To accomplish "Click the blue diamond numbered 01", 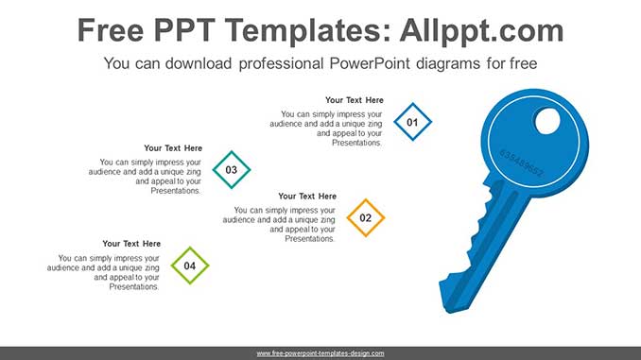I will point(411,123).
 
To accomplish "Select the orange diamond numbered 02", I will point(366,218).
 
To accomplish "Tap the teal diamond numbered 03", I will point(232,170).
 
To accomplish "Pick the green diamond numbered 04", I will point(190,266).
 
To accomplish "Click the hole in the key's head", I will point(547,121).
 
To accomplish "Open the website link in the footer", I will point(320,353).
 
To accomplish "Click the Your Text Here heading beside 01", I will point(355,100).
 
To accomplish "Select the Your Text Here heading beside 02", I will point(307,197).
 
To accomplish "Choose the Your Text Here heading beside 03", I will point(173,148).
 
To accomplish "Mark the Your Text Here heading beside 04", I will point(131,244).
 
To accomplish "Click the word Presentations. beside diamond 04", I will point(134,287).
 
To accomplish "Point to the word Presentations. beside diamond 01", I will point(356,144).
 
